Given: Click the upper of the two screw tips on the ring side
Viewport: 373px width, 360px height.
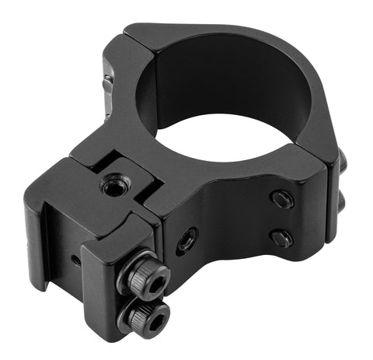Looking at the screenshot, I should click(281, 199).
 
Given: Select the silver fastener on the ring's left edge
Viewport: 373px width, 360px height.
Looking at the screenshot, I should click(106, 82).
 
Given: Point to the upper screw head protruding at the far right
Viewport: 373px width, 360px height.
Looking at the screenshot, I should click(342, 163).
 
